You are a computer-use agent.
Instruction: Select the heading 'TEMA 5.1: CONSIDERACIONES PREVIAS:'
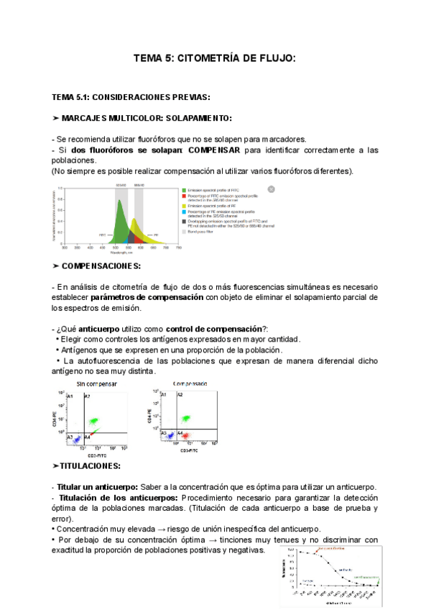[x=130, y=96]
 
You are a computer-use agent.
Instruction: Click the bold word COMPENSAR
[x=213, y=150]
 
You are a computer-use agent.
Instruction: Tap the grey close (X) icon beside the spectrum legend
[x=272, y=189]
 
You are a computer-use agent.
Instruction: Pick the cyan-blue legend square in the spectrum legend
[x=182, y=212]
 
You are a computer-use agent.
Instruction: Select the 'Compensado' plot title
[x=189, y=384]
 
